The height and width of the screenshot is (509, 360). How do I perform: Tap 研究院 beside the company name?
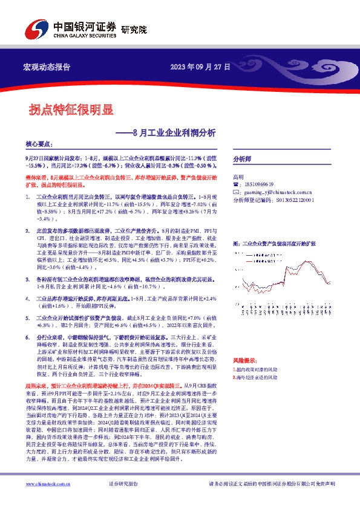pyautogui.click(x=134, y=29)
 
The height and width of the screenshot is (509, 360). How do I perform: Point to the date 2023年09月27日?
pyautogui.click(x=200, y=66)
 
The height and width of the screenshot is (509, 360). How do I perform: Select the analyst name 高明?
pyautogui.click(x=238, y=176)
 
